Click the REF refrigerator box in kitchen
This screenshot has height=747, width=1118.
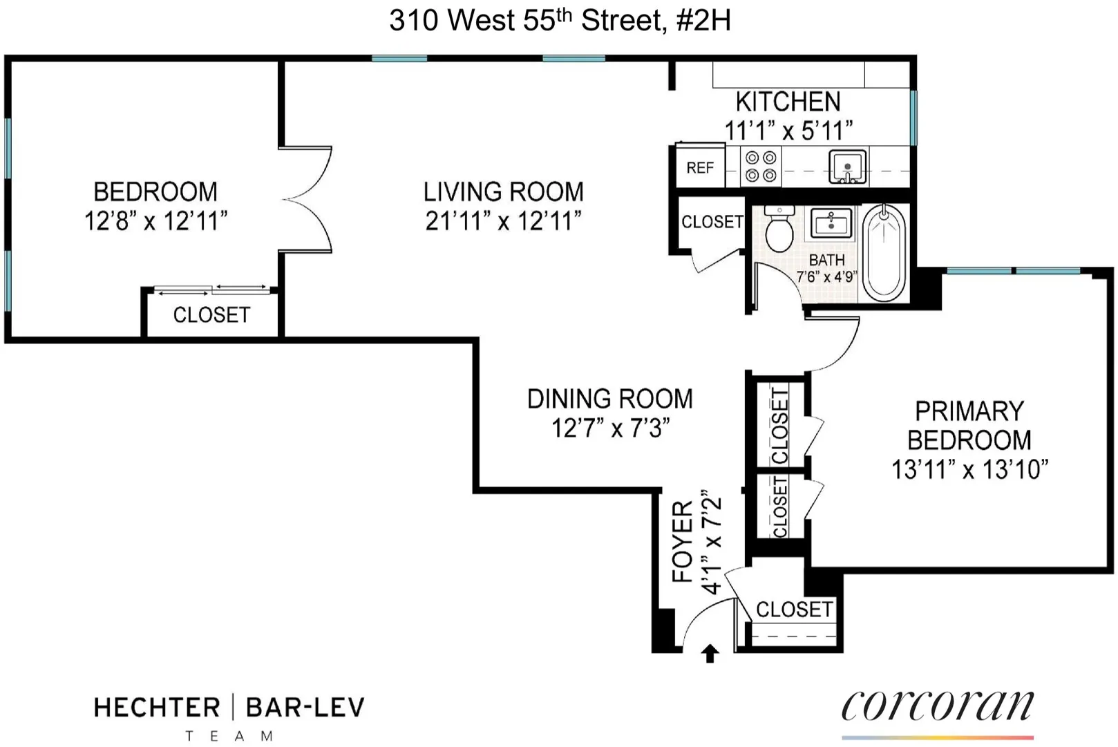[x=700, y=167]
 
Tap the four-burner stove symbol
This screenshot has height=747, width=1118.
[x=761, y=167]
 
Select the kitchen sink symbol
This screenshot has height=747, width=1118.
[x=848, y=167]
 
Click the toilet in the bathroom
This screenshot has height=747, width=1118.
[x=780, y=229]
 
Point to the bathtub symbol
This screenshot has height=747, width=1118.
[x=884, y=253]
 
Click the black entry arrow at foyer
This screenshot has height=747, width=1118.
[x=710, y=653]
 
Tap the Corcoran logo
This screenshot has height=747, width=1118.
[x=937, y=706]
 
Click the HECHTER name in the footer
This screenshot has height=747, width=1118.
[x=157, y=708]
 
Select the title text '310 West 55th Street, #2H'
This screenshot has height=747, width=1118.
[x=560, y=21]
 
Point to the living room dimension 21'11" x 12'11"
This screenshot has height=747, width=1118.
[x=503, y=221]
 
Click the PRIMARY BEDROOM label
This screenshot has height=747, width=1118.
[x=969, y=426]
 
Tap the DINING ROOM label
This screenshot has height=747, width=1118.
[x=609, y=399]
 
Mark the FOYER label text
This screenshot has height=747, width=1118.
[x=683, y=542]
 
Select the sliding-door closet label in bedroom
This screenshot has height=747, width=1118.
[x=211, y=315]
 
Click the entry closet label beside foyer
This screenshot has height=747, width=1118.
[x=794, y=609]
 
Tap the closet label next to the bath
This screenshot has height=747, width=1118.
[x=712, y=222]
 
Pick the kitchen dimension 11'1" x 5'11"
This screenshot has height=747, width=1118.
[x=788, y=130]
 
